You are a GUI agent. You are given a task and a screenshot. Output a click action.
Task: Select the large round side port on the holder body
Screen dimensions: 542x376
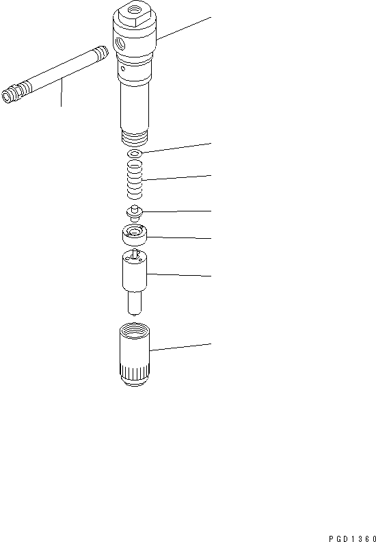[x=122, y=42]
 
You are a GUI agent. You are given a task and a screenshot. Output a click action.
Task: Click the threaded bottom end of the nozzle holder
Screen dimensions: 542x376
[x=134, y=137]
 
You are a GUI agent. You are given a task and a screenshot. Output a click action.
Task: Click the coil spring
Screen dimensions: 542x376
[x=135, y=179]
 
